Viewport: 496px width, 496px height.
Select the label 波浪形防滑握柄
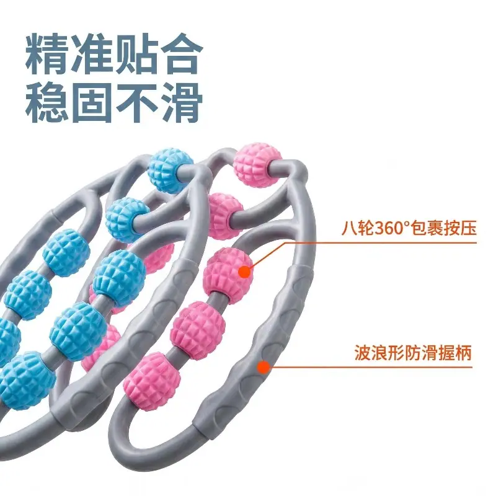point(412,352)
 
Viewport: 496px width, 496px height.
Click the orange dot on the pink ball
point(244,272)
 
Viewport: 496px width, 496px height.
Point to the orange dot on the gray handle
point(263,367)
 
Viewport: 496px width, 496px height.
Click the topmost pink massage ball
point(258,164)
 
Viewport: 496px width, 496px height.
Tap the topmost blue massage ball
point(170,170)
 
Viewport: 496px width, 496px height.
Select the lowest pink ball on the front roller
point(152,381)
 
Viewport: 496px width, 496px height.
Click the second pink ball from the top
point(225,216)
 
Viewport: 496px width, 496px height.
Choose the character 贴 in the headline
point(136,54)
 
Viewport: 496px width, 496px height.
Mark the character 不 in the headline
point(136,102)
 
